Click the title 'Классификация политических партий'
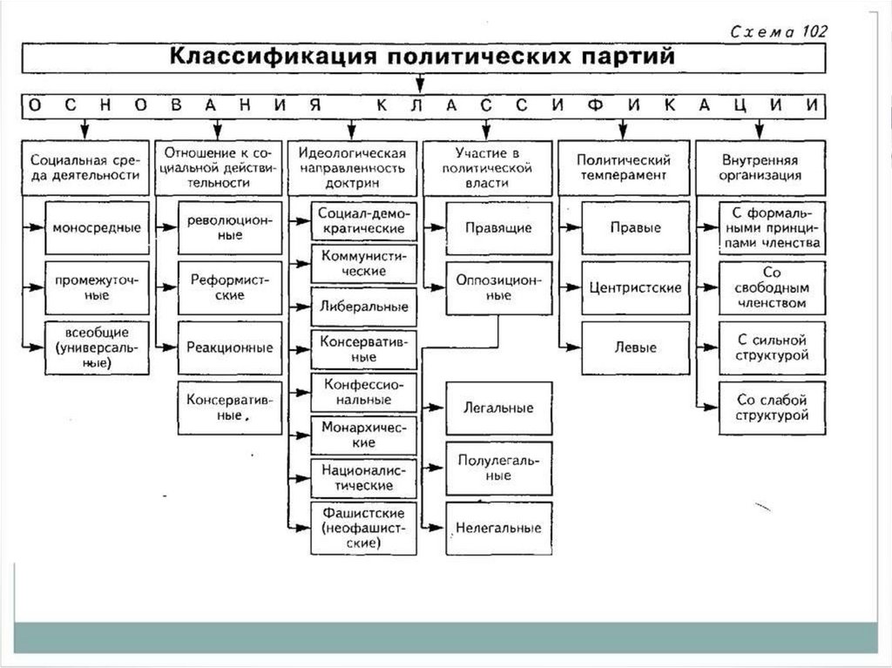pyautogui.click(x=422, y=57)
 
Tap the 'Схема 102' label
pyautogui.click(x=778, y=31)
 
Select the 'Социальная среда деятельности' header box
pyautogui.click(x=84, y=167)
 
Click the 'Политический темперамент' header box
pyautogui.click(x=622, y=167)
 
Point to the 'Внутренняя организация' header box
pyautogui.click(x=760, y=167)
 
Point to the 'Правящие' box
pyautogui.click(x=498, y=228)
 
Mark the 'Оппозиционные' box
pyautogui.click(x=498, y=288)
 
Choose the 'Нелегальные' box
pyautogui.click(x=498, y=528)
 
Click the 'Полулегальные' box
pyautogui.click(x=498, y=468)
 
